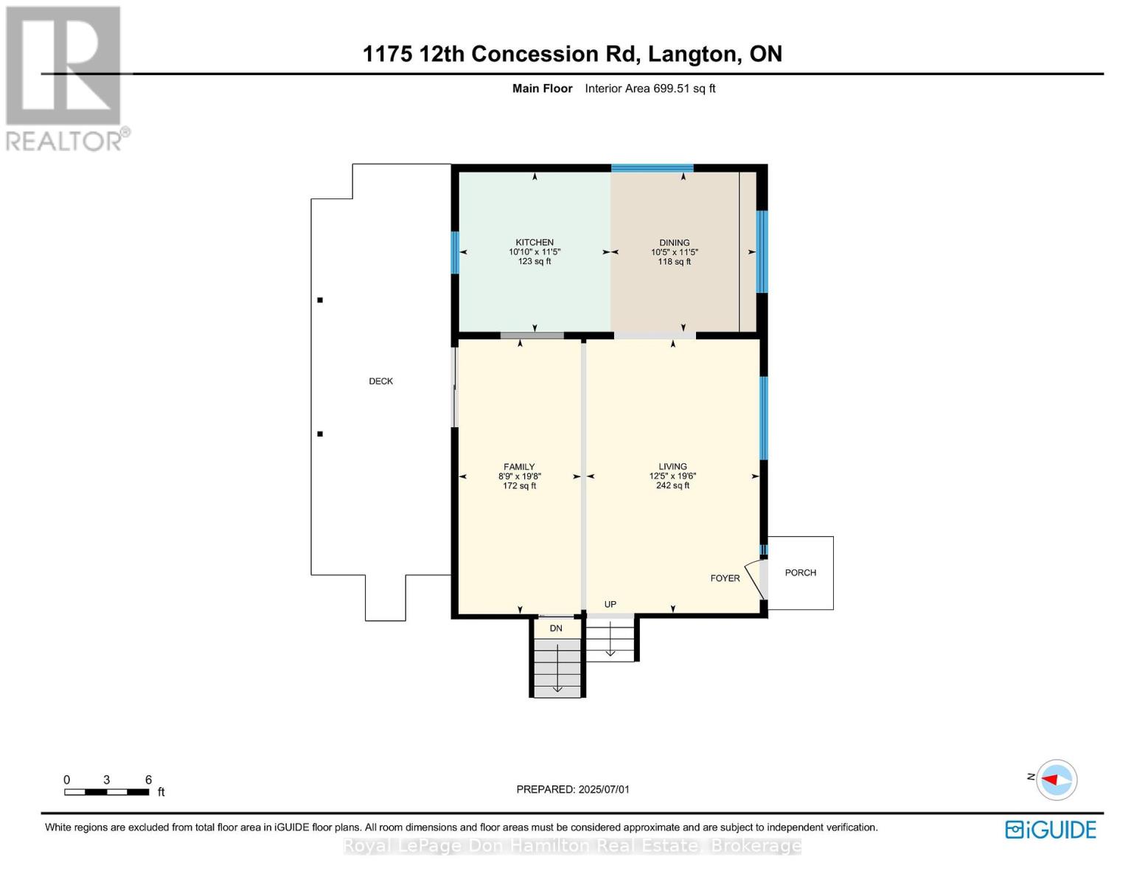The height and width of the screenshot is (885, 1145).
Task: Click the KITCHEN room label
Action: click(535, 243)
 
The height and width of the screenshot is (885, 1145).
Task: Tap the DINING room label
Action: click(674, 243)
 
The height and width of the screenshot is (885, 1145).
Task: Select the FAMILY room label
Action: click(519, 467)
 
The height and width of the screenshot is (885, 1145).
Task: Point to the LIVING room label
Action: click(672, 467)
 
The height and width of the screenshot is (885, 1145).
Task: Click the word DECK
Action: click(380, 381)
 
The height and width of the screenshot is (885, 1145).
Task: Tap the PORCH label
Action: click(800, 572)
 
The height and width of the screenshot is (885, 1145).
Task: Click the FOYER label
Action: click(725, 578)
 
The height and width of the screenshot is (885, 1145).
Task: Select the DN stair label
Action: click(556, 628)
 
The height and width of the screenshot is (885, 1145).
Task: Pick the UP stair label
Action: click(610, 604)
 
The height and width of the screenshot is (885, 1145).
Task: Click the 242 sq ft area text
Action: click(672, 485)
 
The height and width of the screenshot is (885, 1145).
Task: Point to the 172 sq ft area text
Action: click(519, 486)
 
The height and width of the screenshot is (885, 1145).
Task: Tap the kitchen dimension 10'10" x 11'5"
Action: click(535, 252)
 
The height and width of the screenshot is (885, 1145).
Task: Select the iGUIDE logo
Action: click(1050, 830)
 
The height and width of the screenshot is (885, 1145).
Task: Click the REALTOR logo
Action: click(67, 79)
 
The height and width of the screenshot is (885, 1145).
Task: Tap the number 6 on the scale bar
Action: click(149, 780)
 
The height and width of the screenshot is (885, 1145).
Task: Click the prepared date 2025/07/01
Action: click(604, 789)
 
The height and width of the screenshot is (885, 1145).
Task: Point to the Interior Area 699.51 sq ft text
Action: click(650, 88)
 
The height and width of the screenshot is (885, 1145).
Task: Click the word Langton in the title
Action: click(692, 55)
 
